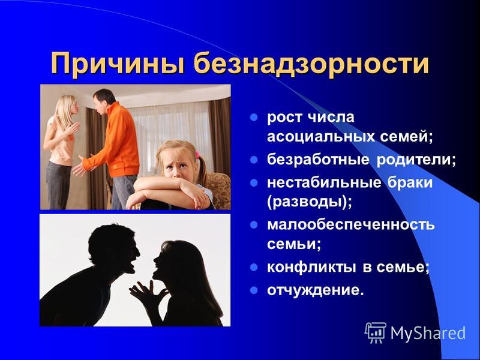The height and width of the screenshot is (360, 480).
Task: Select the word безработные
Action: [x=319, y=159]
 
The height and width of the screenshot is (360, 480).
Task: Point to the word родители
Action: [x=416, y=160]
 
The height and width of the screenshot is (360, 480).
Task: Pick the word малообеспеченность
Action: [x=351, y=224]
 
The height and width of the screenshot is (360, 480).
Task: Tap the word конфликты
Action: [x=311, y=267]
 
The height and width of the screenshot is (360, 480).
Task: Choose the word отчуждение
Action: [x=316, y=290]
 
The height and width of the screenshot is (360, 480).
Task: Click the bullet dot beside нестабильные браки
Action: [x=254, y=183]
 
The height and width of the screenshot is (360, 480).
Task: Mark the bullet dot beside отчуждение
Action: [x=254, y=290]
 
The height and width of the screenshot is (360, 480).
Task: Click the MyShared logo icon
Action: [x=376, y=333]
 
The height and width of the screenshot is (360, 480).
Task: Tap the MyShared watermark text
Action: [x=428, y=333]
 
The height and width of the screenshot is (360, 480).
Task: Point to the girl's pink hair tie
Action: [x=197, y=155]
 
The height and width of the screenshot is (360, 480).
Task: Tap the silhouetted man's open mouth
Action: [x=134, y=265]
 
